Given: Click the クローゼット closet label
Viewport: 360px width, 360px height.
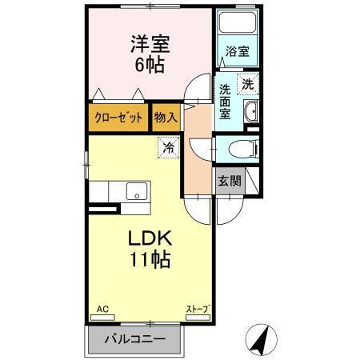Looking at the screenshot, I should pos(118,117).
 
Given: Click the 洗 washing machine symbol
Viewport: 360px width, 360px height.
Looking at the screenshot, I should pos(248,83).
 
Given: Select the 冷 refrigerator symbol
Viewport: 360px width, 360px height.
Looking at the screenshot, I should pos(168,147).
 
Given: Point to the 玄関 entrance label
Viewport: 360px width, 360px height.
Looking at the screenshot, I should pos(230,181).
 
